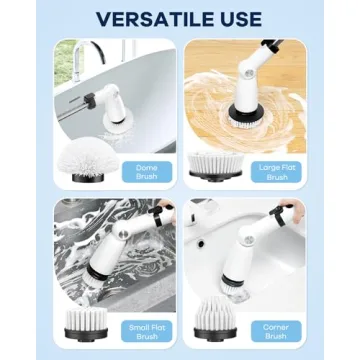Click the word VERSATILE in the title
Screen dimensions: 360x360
pos(150,19)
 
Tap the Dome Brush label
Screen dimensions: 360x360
pos(146,171)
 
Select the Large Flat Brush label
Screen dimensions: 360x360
pos(277,171)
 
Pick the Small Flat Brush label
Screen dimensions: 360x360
pos(145,331)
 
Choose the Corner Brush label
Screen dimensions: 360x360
pos(277,331)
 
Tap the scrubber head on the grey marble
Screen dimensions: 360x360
pos(104,271)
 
